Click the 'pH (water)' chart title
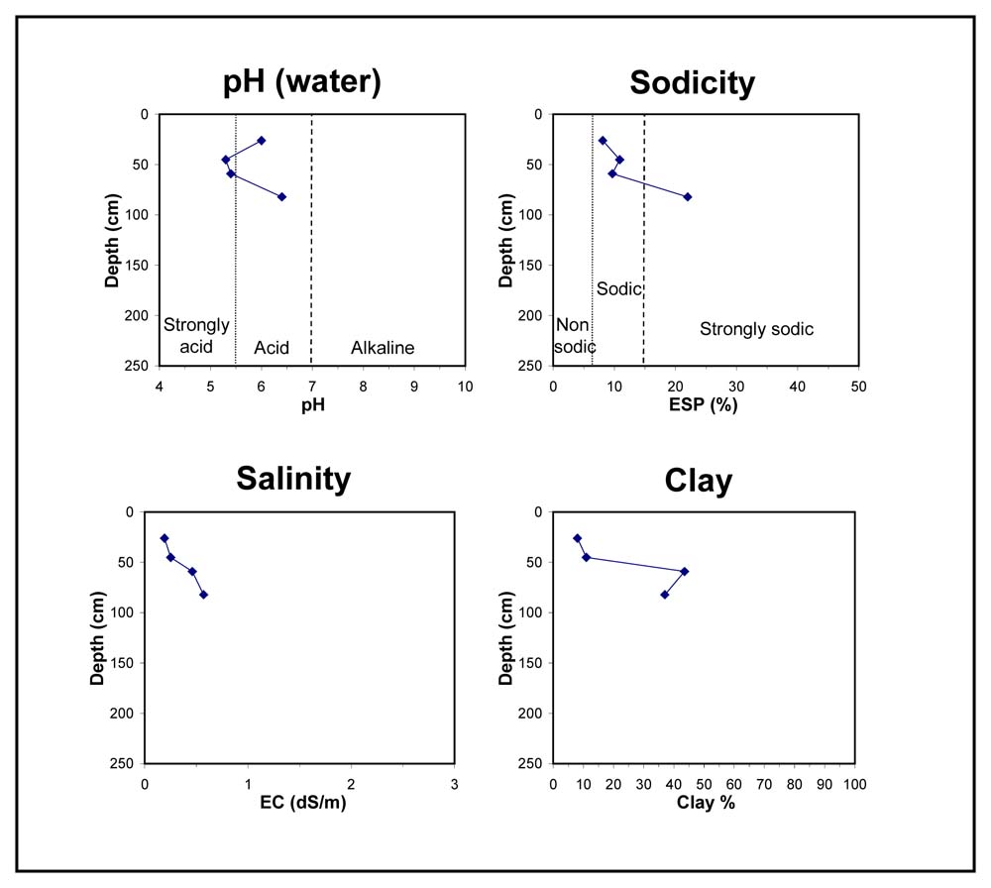coord(302,82)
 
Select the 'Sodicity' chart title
coord(692,83)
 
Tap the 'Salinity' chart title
coord(293,479)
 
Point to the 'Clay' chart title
coord(699,481)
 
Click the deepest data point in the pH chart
coord(281,196)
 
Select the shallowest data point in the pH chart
coord(261,141)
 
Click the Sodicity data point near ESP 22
coord(688,196)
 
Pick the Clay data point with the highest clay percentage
coord(685,572)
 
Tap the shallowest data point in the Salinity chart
coord(165,538)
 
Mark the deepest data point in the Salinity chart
coord(203,594)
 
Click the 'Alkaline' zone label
coord(383,348)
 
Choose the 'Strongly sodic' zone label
coord(756,329)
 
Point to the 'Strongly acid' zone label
coord(196,336)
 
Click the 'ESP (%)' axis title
coord(704,404)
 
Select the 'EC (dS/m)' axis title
coord(302,803)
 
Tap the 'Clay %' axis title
coord(706,803)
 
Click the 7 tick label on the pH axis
coord(311,387)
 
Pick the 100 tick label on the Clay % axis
coord(854,784)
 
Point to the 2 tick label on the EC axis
coord(352,784)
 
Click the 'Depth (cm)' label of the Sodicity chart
coord(505,241)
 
